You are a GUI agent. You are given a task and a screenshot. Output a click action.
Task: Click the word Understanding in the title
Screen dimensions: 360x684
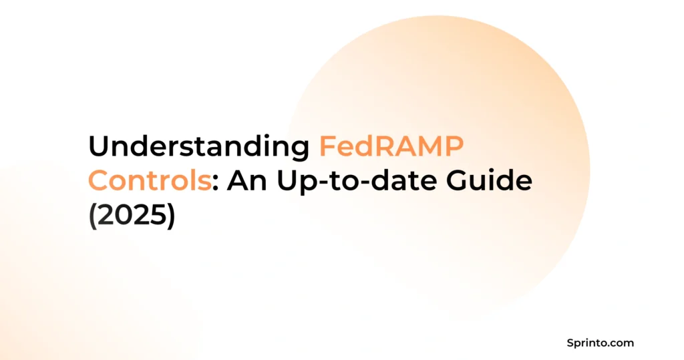198,146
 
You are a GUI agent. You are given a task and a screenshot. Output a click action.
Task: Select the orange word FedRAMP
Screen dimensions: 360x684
389,146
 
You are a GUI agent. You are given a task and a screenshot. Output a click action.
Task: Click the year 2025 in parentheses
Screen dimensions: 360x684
132,216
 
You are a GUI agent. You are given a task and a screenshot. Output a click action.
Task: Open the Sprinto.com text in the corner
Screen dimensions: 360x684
598,343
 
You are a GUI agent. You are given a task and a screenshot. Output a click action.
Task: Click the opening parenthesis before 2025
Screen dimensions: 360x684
93,216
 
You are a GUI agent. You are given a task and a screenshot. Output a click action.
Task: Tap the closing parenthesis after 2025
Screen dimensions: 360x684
170,216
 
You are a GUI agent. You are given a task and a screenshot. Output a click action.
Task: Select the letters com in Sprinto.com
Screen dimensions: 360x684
622,343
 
